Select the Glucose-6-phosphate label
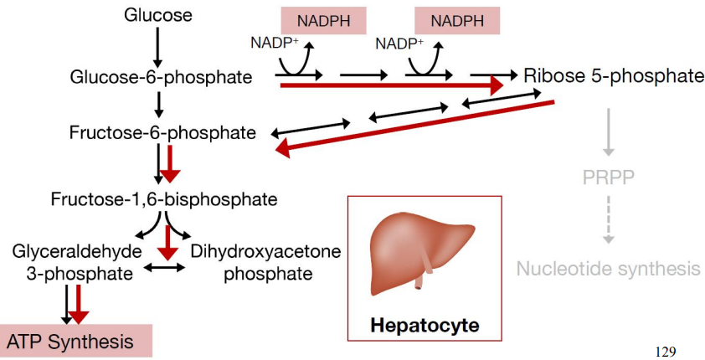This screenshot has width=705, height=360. click(162, 78)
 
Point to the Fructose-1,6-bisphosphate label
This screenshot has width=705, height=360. click(163, 199)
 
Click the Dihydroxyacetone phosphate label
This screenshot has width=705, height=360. click(255, 262)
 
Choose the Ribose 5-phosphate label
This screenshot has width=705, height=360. click(614, 77)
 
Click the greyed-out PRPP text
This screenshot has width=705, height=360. click(609, 177)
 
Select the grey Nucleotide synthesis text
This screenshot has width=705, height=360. click(608, 269)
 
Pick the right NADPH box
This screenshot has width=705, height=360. click(457, 20)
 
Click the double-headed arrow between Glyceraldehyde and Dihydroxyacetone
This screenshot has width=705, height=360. click(165, 269)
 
